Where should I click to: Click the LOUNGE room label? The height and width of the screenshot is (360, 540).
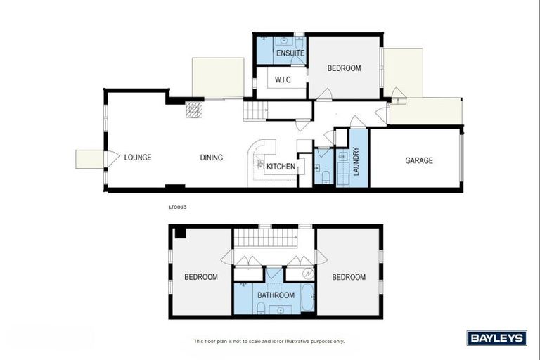coord(138,157)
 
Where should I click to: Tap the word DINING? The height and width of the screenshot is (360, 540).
coord(211,157)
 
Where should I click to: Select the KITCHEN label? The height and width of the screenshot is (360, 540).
coord(280,166)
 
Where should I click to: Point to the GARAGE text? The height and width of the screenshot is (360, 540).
coord(418,160)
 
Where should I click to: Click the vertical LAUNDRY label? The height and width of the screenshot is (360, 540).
coord(356,161)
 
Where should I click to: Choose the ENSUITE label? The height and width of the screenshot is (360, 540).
coord(290,53)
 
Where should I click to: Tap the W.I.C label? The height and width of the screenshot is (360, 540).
coord(283,79)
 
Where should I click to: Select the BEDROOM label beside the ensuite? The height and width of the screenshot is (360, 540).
coord(344,68)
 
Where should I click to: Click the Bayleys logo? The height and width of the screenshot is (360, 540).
coord(496,338)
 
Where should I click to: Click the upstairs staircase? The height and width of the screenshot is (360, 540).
coord(265,237)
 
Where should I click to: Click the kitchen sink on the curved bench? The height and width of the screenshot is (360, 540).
coord(260,162)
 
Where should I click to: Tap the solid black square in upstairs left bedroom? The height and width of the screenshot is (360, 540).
coord(180,233)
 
